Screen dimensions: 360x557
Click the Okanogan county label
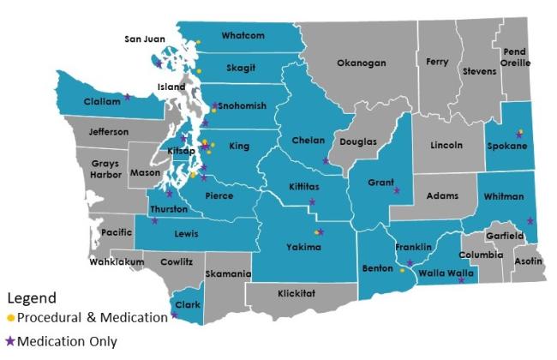tap(361, 63)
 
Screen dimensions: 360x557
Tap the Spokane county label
tap(509, 146)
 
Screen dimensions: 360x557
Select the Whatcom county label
tap(243, 36)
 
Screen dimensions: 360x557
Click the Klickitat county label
tap(302, 293)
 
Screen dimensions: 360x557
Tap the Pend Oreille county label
tap(514, 57)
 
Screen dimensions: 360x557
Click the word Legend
tap(32, 299)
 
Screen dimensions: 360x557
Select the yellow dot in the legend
tap(10, 318)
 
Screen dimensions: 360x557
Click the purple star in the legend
tap(10, 340)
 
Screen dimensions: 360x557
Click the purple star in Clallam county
tap(128, 97)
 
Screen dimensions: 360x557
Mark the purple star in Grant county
tap(397, 191)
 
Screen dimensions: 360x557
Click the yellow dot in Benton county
tap(402, 270)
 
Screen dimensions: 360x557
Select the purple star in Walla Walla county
tap(461, 280)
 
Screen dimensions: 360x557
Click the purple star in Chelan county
tap(326, 160)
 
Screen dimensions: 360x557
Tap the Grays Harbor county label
tap(101, 168)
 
